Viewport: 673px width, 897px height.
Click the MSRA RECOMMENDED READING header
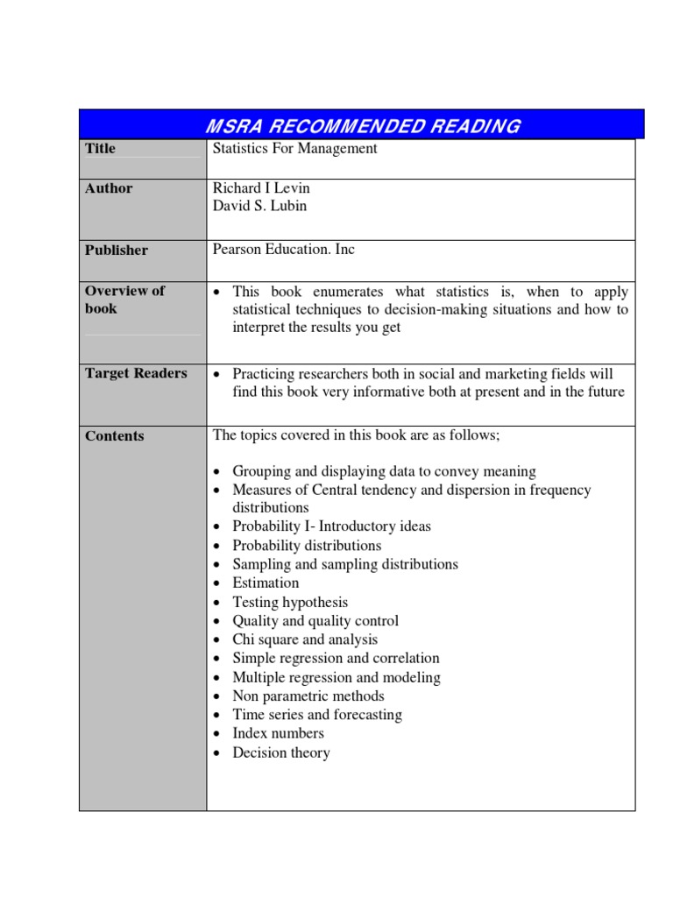coord(361,126)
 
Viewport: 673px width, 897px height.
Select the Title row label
coord(100,149)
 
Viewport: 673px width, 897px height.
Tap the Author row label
coord(109,188)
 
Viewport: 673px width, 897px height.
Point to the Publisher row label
coord(117,251)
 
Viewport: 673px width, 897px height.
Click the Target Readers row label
coord(136,373)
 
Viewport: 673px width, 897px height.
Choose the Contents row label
coord(115,436)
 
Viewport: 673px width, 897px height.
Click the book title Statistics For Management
coord(295,149)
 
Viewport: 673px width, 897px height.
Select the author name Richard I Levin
coord(261,188)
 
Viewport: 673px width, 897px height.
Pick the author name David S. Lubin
coord(259,207)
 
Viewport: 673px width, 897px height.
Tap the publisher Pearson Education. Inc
coord(284,250)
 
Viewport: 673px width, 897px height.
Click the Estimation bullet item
coord(266,583)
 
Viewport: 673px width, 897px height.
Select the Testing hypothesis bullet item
coord(290,603)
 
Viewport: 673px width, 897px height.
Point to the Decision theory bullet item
coord(281,753)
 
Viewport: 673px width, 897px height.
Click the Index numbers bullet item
coord(278,734)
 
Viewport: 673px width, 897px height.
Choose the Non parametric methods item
coord(308,696)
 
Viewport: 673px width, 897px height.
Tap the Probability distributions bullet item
coord(307,546)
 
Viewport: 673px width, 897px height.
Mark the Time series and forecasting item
coord(317,715)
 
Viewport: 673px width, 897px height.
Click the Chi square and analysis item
coord(305,640)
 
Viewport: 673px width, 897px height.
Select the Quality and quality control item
coord(315,621)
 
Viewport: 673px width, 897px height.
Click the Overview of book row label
coord(124,300)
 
